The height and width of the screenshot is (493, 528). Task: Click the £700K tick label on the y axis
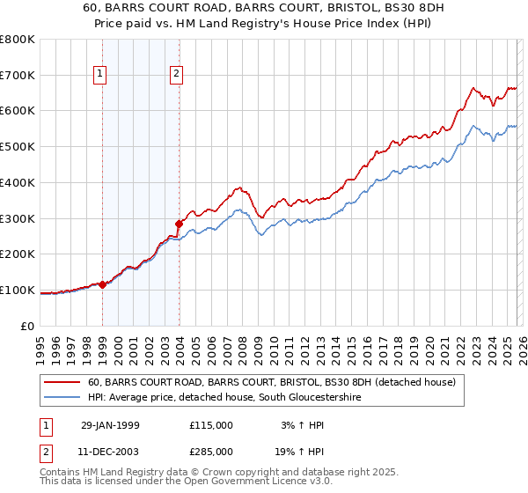pyautogui.click(x=18, y=75)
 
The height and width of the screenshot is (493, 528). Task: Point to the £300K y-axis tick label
pyautogui.click(x=18, y=218)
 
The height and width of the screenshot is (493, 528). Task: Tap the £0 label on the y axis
pyautogui.click(x=27, y=326)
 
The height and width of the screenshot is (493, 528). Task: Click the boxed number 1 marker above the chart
pyautogui.click(x=102, y=75)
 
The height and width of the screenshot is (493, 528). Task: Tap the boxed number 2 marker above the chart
pyautogui.click(x=178, y=75)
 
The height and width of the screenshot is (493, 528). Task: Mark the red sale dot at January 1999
pyautogui.click(x=103, y=284)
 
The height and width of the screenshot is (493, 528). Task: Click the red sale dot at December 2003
pyautogui.click(x=179, y=224)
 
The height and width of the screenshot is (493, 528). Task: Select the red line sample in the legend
pyautogui.click(x=61, y=382)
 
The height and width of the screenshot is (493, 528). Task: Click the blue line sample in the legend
pyautogui.click(x=61, y=398)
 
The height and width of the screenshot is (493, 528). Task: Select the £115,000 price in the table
pyautogui.click(x=211, y=424)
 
